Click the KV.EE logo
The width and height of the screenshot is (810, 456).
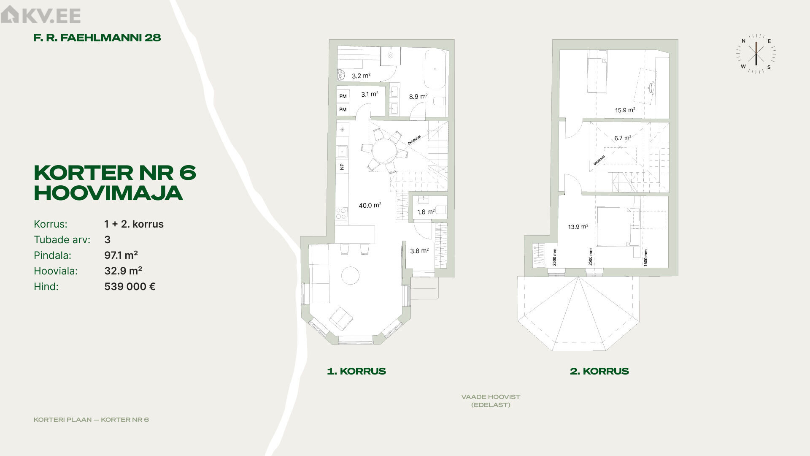pyautogui.click(x=40, y=15)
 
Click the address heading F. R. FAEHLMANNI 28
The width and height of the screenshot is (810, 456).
pyautogui.click(x=97, y=38)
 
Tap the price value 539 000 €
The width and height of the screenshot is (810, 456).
pyautogui.click(x=130, y=286)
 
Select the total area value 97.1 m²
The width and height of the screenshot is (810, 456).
pyautogui.click(x=121, y=255)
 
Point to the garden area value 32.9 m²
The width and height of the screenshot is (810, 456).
pyautogui.click(x=123, y=271)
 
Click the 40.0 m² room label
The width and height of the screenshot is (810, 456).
pyautogui.click(x=370, y=205)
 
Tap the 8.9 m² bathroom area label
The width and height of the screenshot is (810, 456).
pyautogui.click(x=418, y=96)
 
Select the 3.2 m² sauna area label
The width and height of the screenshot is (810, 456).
pyautogui.click(x=361, y=76)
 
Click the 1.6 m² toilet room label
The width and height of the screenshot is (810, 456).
pyautogui.click(x=426, y=212)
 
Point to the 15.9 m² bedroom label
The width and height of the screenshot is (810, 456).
pyautogui.click(x=625, y=110)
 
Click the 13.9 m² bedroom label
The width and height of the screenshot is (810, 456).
pyautogui.click(x=578, y=227)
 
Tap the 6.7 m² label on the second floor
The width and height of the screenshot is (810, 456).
pyautogui.click(x=623, y=138)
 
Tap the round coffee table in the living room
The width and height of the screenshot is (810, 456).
pyautogui.click(x=350, y=276)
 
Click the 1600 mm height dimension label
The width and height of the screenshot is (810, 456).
pyautogui.click(x=646, y=257)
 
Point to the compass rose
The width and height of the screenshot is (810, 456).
pyautogui.click(x=756, y=54)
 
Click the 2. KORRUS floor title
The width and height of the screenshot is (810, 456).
pyautogui.click(x=599, y=371)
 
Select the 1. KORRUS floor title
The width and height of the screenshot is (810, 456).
pyautogui.click(x=356, y=371)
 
